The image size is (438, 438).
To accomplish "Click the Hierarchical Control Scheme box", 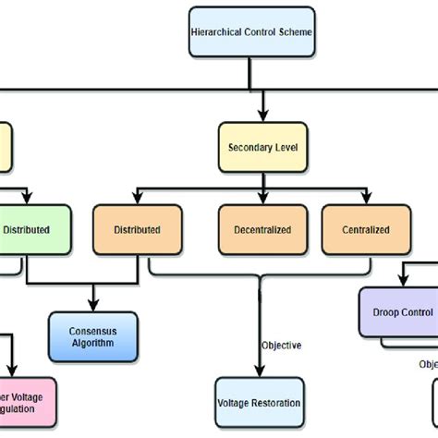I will coord(250,31).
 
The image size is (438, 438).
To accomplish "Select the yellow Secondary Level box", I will coord(262,147).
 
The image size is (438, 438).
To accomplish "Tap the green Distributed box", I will coord(33,230).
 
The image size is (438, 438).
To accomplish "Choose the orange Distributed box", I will coord(137,230).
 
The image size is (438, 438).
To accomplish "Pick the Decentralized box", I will coord(262,230).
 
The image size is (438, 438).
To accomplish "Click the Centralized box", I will coord(365,230).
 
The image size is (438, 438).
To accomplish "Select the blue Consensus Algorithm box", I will coord(92,336).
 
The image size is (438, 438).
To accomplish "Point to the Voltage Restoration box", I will coord(259,403).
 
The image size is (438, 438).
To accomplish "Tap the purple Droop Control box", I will coord(397,313).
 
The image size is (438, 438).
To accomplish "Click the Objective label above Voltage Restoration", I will coord(282,345).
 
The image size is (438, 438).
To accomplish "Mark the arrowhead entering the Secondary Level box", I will coord(262,118).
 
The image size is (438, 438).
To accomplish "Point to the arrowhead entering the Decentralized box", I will coord(262,201).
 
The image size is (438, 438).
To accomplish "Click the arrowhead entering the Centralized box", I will coord(366,201).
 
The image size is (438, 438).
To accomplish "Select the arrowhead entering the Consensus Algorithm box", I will coord(92,307).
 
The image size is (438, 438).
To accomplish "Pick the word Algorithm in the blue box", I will coord(92,343).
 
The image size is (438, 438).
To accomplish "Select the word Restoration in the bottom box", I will coord(274,403).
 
